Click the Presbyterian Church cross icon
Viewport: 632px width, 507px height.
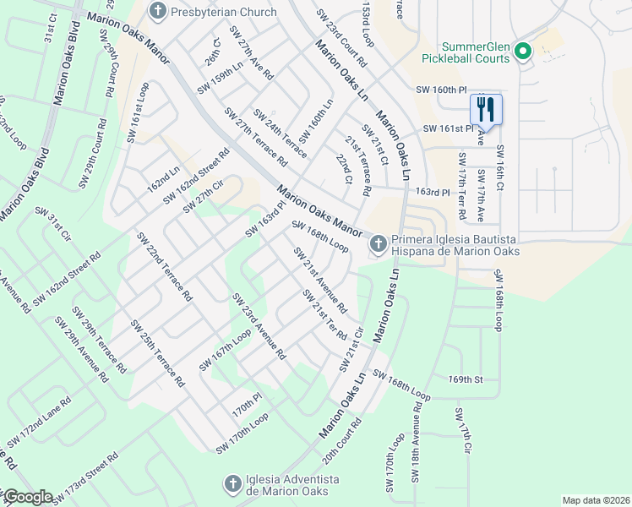click(156, 12)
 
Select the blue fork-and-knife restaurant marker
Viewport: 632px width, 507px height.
click(486, 110)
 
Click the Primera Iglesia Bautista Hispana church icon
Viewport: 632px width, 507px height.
click(377, 244)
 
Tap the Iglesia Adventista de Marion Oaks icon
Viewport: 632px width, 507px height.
click(233, 484)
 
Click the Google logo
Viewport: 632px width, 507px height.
click(27, 497)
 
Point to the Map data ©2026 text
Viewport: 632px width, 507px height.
click(596, 500)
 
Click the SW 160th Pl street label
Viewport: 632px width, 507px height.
click(441, 90)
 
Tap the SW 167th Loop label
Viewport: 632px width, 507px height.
click(226, 349)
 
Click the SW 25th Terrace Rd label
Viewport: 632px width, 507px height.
click(156, 353)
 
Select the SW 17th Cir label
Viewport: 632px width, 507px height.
click(461, 433)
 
